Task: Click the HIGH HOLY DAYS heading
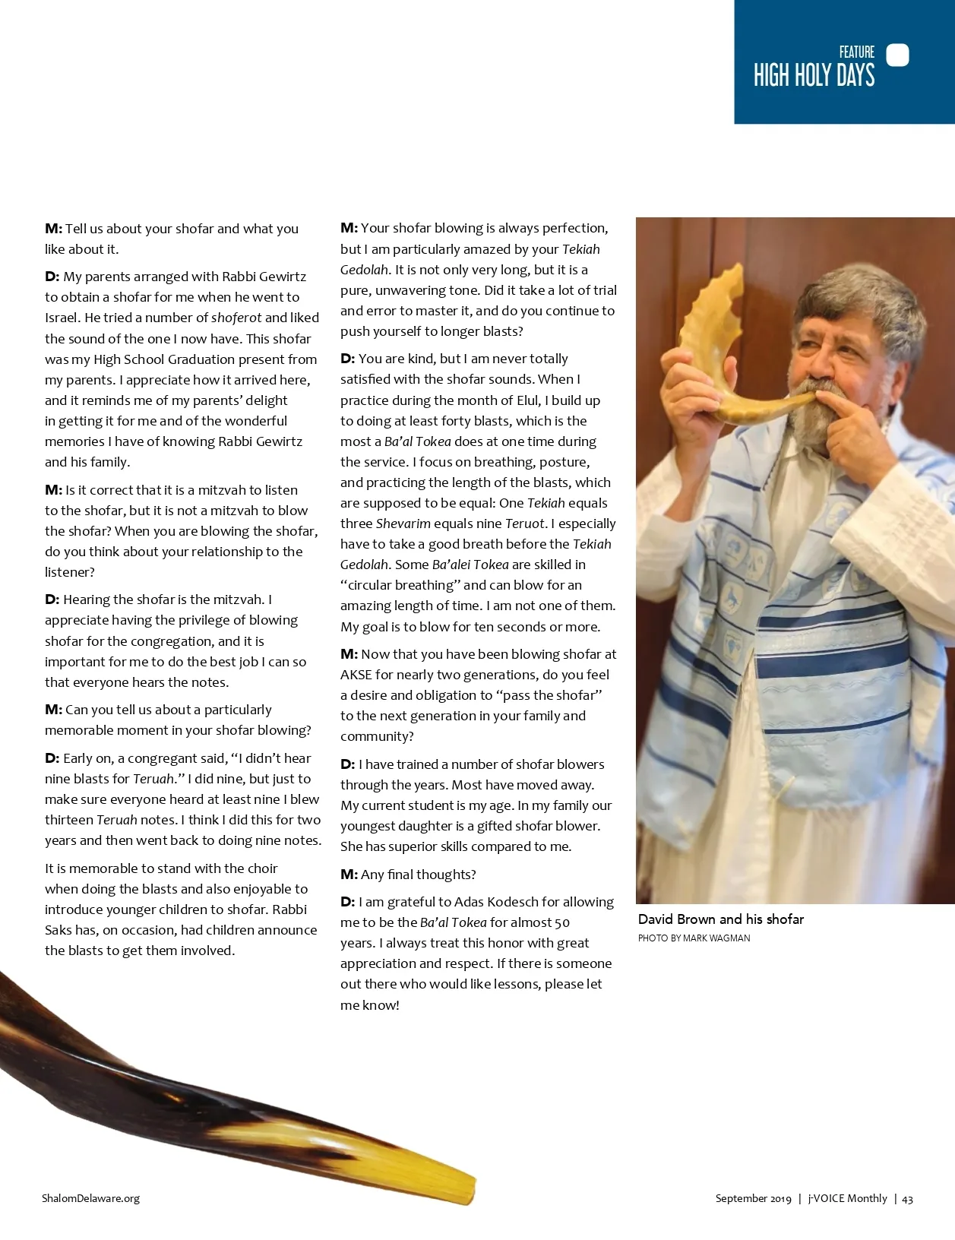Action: click(x=814, y=76)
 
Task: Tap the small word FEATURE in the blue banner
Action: click(x=856, y=52)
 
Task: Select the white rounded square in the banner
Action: click(x=897, y=55)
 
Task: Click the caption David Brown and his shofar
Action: click(x=720, y=919)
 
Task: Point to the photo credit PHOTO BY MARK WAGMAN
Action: click(x=694, y=938)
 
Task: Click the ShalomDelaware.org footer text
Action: click(x=90, y=1198)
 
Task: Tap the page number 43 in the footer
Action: click(x=907, y=1199)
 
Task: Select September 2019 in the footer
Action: click(x=753, y=1198)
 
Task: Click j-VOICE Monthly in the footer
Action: click(x=847, y=1198)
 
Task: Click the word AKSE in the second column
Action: click(x=356, y=675)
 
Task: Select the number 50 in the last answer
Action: click(x=561, y=922)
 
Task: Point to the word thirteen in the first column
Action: click(x=69, y=820)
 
